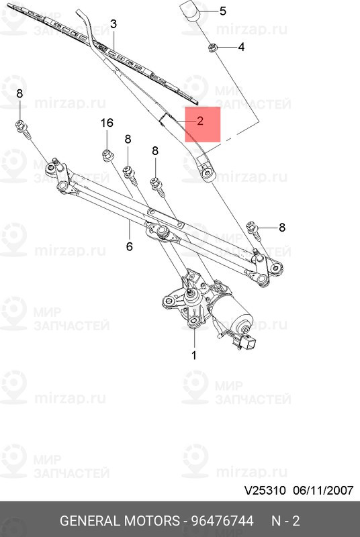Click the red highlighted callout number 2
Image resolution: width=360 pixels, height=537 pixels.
point(199,122)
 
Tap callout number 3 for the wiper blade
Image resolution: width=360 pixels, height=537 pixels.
point(114,24)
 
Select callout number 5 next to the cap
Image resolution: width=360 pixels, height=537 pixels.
point(223,11)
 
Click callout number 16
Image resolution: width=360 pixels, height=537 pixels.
point(107,123)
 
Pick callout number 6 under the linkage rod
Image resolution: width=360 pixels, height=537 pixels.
point(129,246)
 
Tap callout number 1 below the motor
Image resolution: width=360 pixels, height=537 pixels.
point(194,355)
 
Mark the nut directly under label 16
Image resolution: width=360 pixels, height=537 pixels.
point(107,156)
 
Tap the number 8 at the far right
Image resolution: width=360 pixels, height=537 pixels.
point(281,228)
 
